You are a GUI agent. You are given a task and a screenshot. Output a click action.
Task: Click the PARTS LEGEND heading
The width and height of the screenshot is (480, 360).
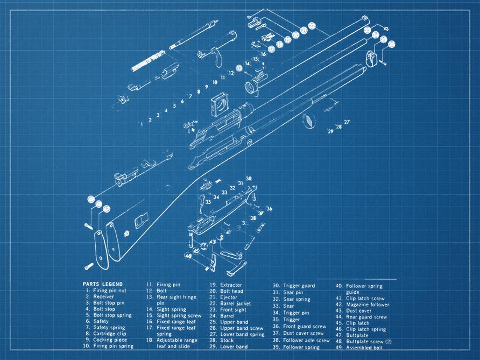pyautogui.click(x=102, y=284)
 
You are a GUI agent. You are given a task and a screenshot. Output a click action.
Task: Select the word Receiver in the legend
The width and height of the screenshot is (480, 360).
pyautogui.click(x=103, y=297)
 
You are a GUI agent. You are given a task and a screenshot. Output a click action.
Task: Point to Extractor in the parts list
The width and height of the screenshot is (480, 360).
pyautogui.click(x=231, y=285)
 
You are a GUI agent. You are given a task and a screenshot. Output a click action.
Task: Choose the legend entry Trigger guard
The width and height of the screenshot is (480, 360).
pyautogui.click(x=299, y=286)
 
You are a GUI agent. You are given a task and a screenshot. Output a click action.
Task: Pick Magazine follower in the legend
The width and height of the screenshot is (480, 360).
pyautogui.click(x=368, y=305)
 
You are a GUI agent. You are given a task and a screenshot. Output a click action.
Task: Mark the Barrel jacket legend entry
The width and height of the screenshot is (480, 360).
pyautogui.click(x=235, y=303)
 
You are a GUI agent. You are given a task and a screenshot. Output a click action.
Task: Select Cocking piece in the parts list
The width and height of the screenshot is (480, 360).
pyautogui.click(x=110, y=340)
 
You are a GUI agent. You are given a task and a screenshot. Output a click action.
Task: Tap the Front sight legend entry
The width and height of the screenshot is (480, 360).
pyautogui.click(x=234, y=310)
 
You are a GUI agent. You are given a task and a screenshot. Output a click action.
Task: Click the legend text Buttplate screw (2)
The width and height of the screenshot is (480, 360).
pyautogui.click(x=369, y=341)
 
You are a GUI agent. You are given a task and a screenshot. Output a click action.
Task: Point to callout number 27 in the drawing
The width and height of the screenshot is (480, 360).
pyautogui.click(x=347, y=122)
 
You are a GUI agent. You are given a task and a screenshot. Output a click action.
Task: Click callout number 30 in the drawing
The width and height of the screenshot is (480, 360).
pyautogui.click(x=249, y=178)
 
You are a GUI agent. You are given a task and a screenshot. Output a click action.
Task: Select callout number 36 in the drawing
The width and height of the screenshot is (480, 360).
pyautogui.click(x=270, y=209)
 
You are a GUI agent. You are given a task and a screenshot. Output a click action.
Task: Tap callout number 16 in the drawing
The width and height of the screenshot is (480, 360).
pyautogui.click(x=264, y=54)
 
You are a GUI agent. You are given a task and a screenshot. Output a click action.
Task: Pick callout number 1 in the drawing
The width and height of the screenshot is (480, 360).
pyautogui.click(x=142, y=124)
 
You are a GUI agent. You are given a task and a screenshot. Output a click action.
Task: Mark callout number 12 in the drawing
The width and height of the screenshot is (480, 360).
pyautogui.click(x=230, y=72)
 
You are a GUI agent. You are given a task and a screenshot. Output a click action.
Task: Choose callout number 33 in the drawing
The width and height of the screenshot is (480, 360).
pyautogui.click(x=224, y=192)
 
